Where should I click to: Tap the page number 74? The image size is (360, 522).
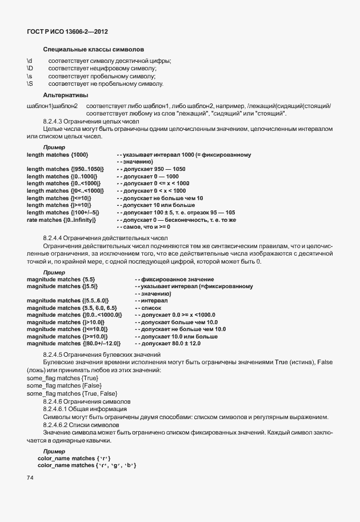[30, 477]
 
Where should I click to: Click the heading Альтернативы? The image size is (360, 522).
[65, 95]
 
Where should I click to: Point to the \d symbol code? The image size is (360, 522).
[30, 61]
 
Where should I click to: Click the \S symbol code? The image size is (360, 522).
[30, 84]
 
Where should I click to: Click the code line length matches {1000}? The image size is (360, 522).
[58, 155]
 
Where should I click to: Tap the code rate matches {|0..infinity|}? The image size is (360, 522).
[62, 220]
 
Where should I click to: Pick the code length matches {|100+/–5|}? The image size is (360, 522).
[63, 212]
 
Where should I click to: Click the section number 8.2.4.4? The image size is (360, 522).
[55, 238]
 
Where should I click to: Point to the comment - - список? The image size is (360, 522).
[147, 307]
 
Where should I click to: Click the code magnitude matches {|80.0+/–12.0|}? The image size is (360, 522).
[74, 343]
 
